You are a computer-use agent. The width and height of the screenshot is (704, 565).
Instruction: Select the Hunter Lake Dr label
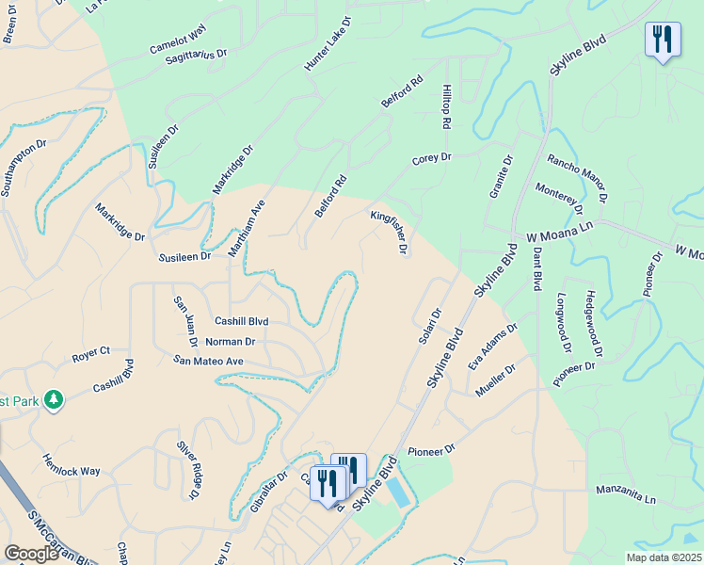327,44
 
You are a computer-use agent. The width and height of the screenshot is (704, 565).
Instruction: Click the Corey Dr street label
432,159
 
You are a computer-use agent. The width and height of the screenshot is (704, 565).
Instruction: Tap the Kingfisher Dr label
388,232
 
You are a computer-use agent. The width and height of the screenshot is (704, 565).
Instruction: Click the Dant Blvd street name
536,268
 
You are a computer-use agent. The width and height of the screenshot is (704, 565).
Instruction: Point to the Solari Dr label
429,326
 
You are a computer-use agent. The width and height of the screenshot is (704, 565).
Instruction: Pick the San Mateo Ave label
209,360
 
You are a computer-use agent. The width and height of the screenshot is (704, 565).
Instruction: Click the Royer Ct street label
91,357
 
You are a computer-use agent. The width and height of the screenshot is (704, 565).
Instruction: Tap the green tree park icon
53,400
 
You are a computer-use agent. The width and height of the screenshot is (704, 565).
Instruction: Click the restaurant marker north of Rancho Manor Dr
664,40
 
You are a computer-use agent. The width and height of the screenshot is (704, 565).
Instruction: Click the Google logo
31,554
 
